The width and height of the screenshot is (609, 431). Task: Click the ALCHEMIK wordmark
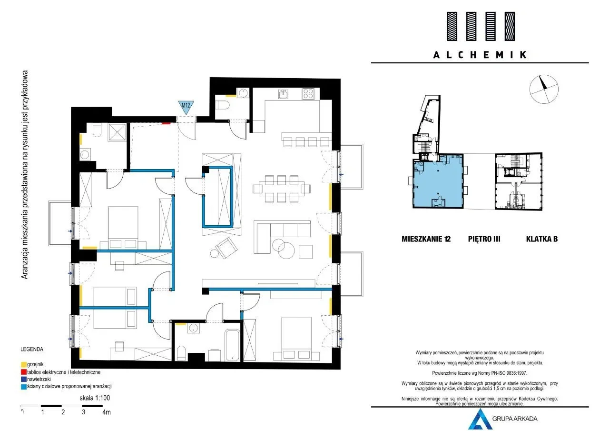pos(480,55)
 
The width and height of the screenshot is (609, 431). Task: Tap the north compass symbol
pos(544,89)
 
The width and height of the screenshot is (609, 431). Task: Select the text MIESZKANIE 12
pos(426,239)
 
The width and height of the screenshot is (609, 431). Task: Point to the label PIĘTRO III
pos(484,239)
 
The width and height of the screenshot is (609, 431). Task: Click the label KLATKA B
pos(542,239)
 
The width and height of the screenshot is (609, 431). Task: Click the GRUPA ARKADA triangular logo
pos(480,419)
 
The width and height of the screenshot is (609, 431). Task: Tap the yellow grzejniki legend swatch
pos(24,365)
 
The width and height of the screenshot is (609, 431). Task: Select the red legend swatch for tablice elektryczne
pos(24,372)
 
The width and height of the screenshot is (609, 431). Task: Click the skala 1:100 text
pos(95,398)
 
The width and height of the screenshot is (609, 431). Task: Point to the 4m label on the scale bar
pos(107,412)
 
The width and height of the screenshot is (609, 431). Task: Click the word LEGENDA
pos(32,349)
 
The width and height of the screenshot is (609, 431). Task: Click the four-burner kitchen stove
pos(308,94)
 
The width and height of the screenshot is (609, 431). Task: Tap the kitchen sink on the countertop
pos(283,94)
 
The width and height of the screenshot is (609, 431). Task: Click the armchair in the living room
pos(226,248)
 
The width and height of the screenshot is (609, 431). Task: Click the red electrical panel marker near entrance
pos(166,123)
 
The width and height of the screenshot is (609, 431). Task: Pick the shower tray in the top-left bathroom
pos(118,132)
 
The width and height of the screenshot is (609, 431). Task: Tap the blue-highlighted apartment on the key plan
pos(438,181)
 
